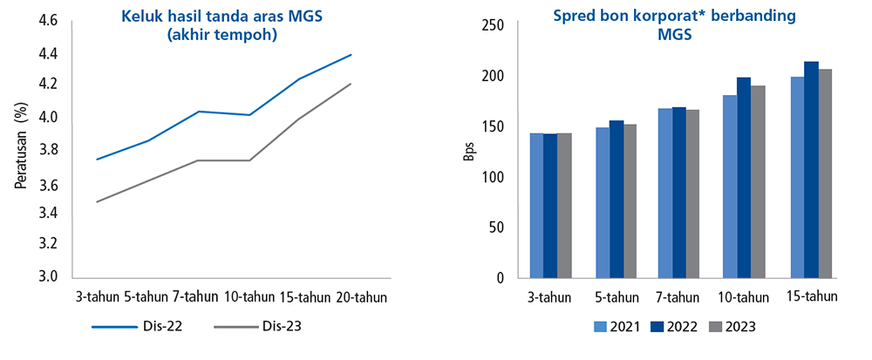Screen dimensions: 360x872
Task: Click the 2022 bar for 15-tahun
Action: point(811,170)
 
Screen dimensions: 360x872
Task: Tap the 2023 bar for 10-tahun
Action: point(759,181)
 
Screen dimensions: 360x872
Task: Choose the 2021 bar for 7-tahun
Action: point(665,193)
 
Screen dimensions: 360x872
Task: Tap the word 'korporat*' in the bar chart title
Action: point(667,17)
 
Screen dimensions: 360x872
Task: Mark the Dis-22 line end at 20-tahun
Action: point(351,54)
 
